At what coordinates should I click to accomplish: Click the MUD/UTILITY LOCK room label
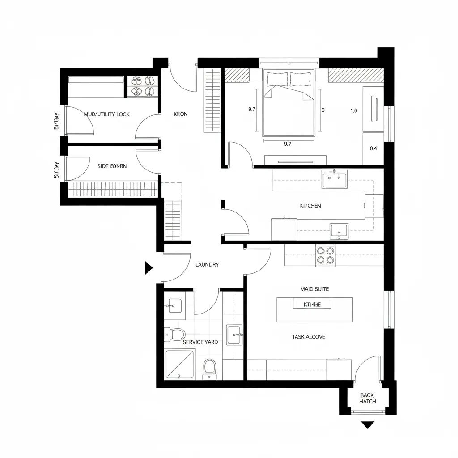(x=106, y=114)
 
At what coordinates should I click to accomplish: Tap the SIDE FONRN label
(x=112, y=166)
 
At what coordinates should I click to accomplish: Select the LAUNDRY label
(x=207, y=265)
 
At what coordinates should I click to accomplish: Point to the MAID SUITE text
(x=314, y=289)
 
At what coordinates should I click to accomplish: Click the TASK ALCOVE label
(x=309, y=337)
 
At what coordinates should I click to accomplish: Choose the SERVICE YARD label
(x=200, y=342)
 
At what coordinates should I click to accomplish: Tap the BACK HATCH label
(x=367, y=399)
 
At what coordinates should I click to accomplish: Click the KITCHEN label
(x=310, y=206)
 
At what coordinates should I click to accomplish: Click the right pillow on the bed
(x=300, y=79)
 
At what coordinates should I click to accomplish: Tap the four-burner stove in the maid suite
(x=325, y=255)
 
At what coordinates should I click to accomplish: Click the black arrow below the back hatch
(x=367, y=425)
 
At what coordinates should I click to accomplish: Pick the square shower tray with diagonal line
(x=180, y=364)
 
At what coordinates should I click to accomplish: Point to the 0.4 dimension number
(x=373, y=149)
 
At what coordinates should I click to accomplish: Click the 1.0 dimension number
(x=353, y=111)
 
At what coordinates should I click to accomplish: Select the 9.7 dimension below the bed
(x=288, y=144)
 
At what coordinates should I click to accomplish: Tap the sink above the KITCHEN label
(x=334, y=180)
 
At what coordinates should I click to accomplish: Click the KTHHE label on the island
(x=312, y=305)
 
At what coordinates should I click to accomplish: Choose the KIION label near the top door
(x=180, y=114)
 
